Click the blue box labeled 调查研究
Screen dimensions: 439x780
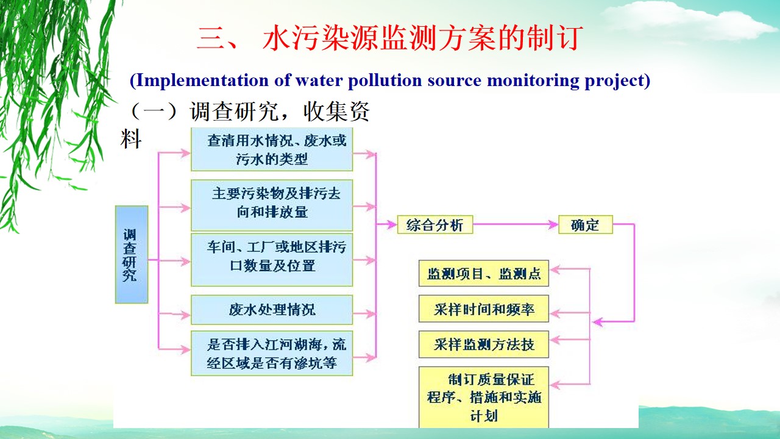pos(132,254)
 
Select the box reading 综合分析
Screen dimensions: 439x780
pos(434,225)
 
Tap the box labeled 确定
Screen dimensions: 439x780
pos(585,225)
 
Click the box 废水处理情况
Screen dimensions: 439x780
pos(272,310)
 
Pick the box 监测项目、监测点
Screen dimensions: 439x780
pos(484,274)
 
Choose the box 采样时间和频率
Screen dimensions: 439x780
pos(484,309)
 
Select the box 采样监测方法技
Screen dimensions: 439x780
pos(484,344)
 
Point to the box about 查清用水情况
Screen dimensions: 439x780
pos(272,150)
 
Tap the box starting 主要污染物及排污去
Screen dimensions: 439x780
pos(272,203)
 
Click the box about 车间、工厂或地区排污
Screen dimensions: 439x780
pos(272,257)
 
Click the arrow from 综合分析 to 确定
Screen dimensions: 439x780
pos(516,225)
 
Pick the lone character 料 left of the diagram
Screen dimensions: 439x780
pos(132,139)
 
